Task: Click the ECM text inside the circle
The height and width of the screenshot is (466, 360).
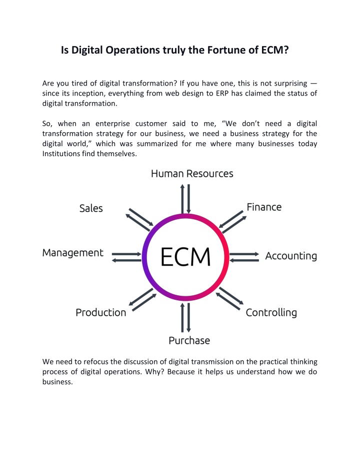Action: [185, 257]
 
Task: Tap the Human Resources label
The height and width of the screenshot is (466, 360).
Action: [192, 174]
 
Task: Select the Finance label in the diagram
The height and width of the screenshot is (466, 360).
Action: [264, 207]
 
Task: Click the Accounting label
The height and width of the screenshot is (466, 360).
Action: [291, 256]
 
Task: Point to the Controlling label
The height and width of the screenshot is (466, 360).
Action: [271, 313]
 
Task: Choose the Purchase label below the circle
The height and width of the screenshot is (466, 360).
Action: [189, 340]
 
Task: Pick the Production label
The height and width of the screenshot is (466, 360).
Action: [101, 313]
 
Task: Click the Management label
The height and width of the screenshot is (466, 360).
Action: [72, 253]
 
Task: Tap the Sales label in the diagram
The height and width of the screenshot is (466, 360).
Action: [91, 208]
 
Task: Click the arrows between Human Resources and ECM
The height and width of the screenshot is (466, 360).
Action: [186, 199]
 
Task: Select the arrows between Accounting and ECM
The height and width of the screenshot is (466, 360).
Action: [244, 257]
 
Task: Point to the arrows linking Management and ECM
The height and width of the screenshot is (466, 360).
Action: [126, 257]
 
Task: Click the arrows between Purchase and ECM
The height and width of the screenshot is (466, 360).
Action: [186, 317]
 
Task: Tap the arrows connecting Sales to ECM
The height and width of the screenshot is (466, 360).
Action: [139, 220]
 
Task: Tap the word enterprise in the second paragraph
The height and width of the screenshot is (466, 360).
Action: [113, 124]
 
